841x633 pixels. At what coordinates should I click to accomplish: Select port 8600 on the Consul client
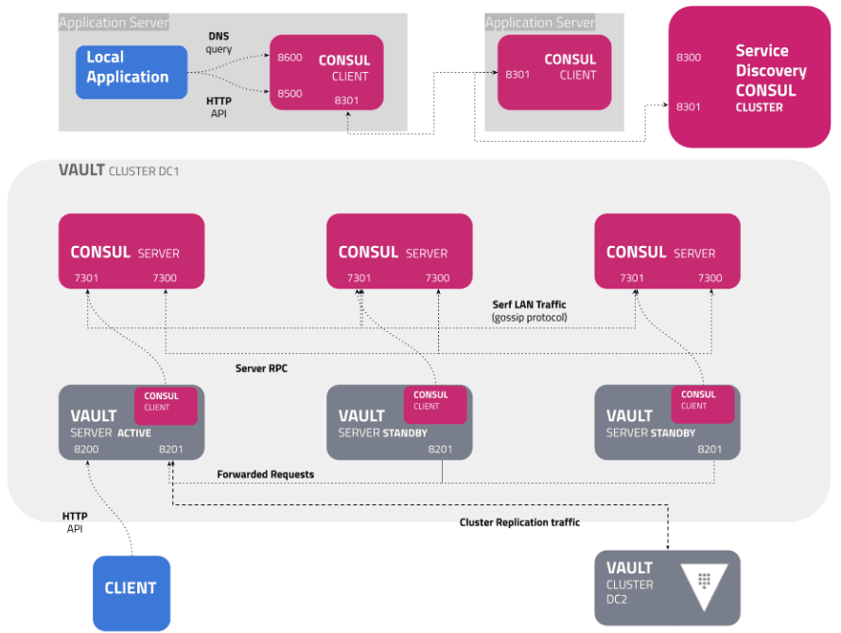click(289, 58)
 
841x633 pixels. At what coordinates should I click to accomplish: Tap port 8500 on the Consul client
click(289, 94)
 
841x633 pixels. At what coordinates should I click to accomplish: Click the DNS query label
click(219, 43)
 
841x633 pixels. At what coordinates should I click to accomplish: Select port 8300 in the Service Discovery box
click(689, 59)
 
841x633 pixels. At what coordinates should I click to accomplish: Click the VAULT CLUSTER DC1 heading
click(118, 170)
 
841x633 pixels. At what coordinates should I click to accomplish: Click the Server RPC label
click(261, 368)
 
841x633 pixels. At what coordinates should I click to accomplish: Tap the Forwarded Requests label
click(265, 474)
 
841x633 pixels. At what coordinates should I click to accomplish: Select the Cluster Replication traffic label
click(519, 521)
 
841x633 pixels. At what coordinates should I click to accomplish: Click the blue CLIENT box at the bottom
click(131, 589)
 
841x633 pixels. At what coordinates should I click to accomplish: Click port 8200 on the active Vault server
click(86, 448)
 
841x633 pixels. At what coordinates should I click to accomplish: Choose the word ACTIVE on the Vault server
click(134, 432)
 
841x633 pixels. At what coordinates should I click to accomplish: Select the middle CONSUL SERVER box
click(398, 251)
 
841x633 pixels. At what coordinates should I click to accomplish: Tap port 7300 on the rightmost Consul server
click(710, 278)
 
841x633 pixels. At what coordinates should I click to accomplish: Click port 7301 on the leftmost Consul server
click(86, 278)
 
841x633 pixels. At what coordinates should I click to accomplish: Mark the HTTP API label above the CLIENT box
click(75, 522)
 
